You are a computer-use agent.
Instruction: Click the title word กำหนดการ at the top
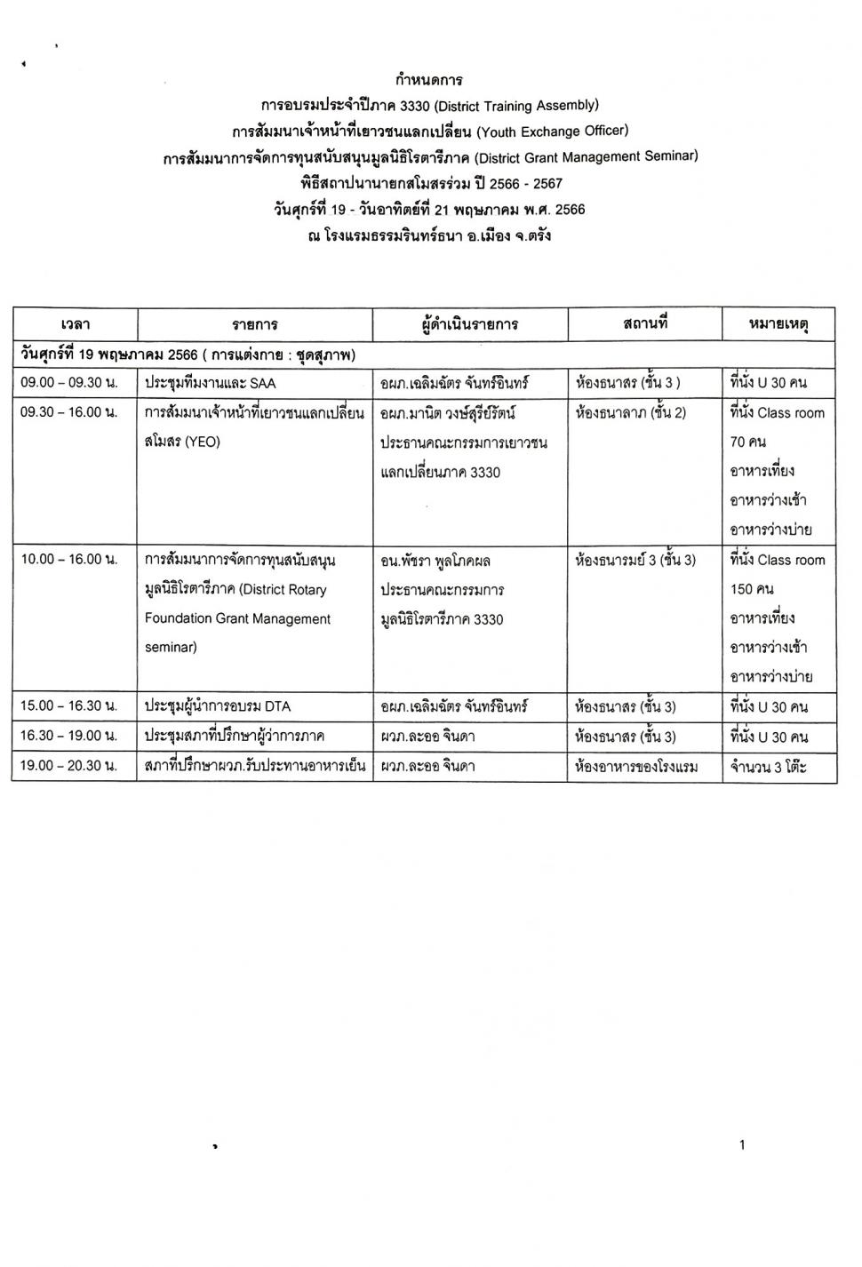[430, 80]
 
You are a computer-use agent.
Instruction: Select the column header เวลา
[75, 324]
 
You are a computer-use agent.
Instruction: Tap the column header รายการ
[254, 324]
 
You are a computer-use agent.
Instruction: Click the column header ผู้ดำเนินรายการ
[470, 324]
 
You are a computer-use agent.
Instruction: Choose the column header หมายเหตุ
[778, 324]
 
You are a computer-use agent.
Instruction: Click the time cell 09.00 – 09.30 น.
[69, 383]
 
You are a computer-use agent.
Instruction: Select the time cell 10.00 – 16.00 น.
[69, 560]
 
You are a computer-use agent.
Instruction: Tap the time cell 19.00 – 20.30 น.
[69, 766]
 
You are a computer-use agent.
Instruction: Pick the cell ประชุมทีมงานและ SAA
[212, 383]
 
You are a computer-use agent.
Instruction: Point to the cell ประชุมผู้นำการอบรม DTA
[218, 707]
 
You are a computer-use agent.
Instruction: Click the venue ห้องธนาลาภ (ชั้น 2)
[631, 413]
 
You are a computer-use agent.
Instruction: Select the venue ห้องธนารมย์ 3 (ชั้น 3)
[635, 560]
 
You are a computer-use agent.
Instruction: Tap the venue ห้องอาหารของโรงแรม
[636, 766]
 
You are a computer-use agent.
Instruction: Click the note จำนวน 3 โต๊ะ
[769, 766]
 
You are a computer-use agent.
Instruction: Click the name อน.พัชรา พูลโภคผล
[435, 561]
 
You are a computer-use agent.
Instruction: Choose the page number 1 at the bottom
[742, 1145]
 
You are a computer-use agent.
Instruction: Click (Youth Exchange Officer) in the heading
[552, 131]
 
